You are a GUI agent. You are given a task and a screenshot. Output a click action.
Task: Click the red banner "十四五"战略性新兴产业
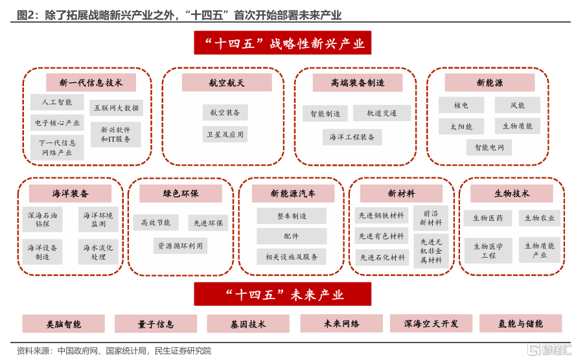pos(282,43)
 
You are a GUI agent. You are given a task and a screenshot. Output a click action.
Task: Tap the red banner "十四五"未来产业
pos(282,294)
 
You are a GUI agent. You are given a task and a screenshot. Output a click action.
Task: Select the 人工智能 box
pos(57,102)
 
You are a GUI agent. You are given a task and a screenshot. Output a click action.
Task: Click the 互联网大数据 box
pos(117,108)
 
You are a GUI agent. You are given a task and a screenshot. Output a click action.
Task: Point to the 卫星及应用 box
pos(225,134)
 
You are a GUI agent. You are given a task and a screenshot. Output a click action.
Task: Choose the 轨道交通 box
pos(382,113)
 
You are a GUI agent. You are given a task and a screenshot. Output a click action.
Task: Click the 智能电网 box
pos(489,147)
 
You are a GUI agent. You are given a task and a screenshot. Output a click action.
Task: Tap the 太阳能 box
pos(461,127)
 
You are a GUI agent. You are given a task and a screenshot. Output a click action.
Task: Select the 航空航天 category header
pos(227,83)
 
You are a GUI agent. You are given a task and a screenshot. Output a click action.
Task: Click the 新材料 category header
pos(401,194)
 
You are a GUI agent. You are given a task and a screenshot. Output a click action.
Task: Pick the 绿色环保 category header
pos(180,194)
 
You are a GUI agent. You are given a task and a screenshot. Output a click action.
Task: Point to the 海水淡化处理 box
pos(98,252)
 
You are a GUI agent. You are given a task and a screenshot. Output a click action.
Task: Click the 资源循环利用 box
pos(180,246)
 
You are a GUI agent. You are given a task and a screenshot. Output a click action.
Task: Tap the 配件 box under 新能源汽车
pos(292,236)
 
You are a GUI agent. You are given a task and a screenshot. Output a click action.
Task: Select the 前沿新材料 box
pos(431,218)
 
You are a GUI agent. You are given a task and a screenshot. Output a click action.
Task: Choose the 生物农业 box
pos(540,218)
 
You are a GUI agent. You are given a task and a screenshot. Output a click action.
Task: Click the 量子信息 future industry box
pos(156,324)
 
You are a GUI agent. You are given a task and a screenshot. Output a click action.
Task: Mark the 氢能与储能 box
pos(520,323)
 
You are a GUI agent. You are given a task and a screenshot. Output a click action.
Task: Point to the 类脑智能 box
pos(63,324)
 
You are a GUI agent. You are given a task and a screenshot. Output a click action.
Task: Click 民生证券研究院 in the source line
pos(183,351)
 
